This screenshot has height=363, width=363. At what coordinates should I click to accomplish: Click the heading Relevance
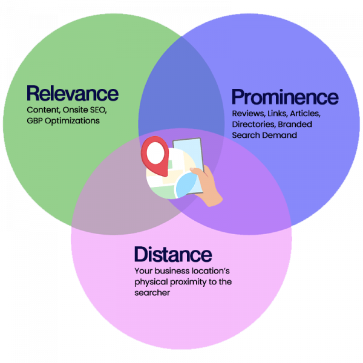click(72, 94)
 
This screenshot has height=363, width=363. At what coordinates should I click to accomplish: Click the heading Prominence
click(285, 97)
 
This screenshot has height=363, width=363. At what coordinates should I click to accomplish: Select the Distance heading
click(173, 253)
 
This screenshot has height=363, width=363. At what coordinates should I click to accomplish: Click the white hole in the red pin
click(155, 151)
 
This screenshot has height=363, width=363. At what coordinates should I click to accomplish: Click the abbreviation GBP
click(36, 120)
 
